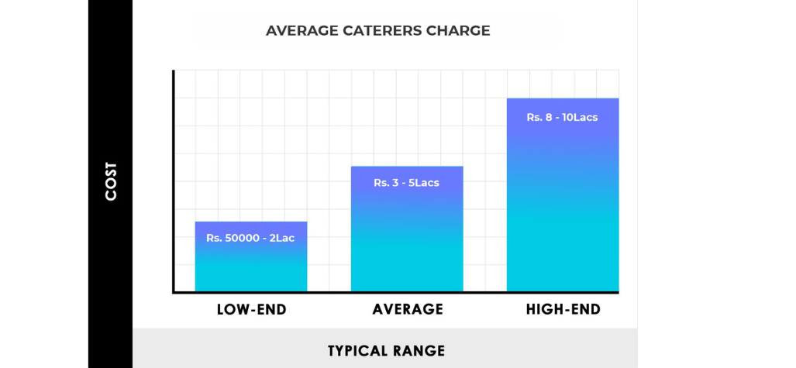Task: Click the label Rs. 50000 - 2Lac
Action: click(250, 238)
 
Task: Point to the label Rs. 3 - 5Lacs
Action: click(406, 183)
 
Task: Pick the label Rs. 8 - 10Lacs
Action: click(562, 118)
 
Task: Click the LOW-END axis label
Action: click(251, 310)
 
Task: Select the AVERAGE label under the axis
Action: click(408, 310)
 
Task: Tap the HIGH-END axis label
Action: click(563, 310)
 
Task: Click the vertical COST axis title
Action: click(111, 181)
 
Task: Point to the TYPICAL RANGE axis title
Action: click(386, 351)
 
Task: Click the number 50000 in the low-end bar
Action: click(242, 238)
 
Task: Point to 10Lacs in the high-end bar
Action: click(580, 118)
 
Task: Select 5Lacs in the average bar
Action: click(422, 183)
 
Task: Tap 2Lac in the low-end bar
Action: click(283, 238)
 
